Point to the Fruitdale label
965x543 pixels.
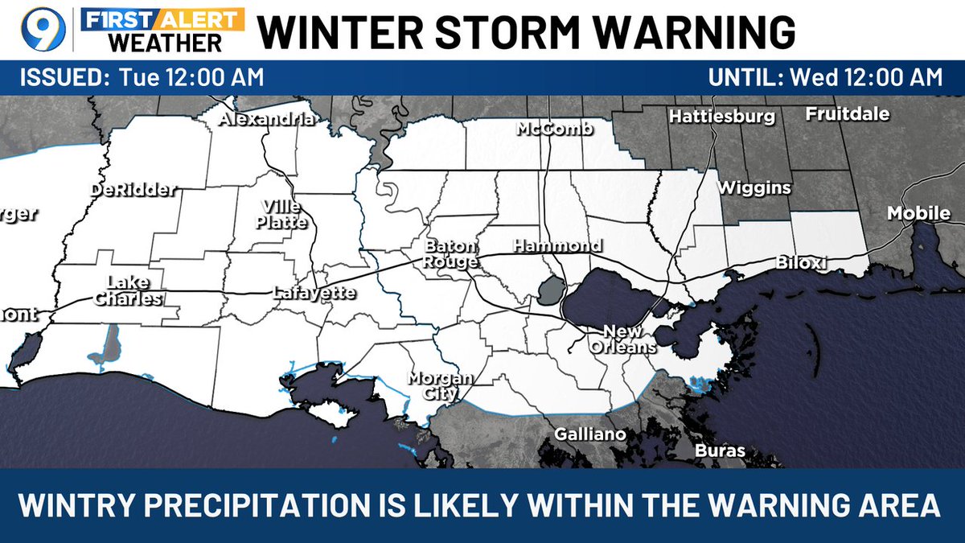(848, 114)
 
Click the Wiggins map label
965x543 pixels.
(754, 188)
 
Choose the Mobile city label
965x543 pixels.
(918, 213)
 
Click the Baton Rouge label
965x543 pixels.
(451, 253)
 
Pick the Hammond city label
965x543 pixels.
(557, 245)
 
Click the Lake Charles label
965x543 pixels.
(128, 290)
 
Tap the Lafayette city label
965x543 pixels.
(314, 293)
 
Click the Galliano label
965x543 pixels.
(589, 434)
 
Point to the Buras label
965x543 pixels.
(719, 450)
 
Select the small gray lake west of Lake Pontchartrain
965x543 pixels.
(549, 290)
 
